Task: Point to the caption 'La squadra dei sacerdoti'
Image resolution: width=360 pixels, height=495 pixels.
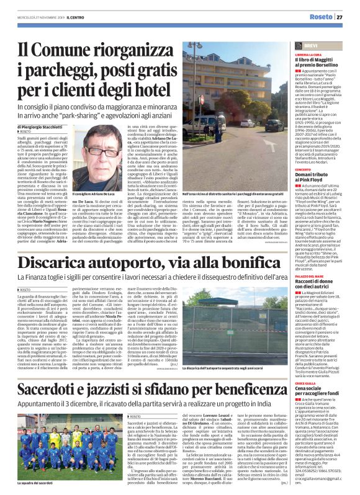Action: click(41, 482)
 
